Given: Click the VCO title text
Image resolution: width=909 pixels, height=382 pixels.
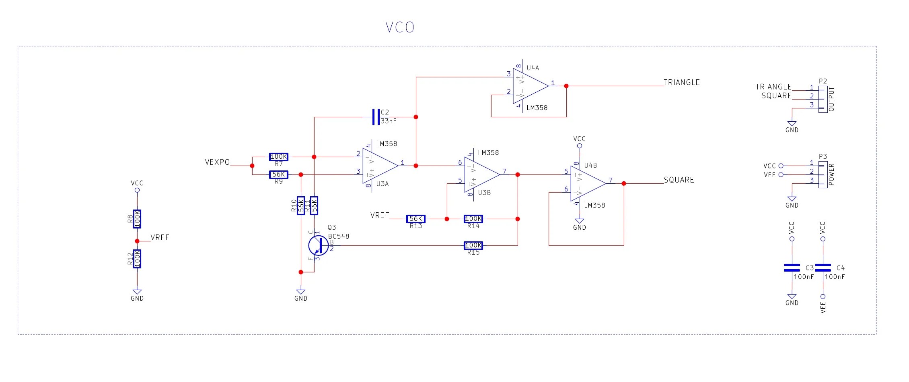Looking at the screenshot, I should pos(399,27).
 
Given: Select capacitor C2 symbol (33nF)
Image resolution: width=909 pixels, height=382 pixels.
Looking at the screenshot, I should pos(376,117).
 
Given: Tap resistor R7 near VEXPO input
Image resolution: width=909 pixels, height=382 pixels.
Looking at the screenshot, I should pos(278,157).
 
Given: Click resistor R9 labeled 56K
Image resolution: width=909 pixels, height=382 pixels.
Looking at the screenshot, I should pos(278,174).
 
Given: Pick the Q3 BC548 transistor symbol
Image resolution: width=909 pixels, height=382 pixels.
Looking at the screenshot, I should pos(318,245).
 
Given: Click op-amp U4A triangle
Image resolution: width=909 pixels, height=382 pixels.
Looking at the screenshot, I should pos(529,86).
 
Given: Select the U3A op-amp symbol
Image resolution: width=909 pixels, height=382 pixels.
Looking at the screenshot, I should pos(378,166).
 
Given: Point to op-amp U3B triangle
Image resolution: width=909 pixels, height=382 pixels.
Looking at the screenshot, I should pos(480,174).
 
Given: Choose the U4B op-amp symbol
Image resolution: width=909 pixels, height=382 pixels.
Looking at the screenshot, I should pos(586,183).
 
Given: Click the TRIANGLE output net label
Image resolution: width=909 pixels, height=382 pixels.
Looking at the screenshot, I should pos(681,83).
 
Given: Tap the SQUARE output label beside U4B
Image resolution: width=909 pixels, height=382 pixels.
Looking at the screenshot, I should pos(679,180).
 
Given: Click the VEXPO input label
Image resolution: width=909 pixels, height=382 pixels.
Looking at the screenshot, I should pos(217,162).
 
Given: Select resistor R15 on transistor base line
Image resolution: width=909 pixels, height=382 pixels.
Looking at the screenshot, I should pos(473,245).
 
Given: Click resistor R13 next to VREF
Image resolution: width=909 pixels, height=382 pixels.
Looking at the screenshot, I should pos(415,219).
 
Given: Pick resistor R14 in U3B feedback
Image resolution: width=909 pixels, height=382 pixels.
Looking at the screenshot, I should pos(473,219).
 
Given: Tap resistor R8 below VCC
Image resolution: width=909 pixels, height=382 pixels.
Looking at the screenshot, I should pos(137,219).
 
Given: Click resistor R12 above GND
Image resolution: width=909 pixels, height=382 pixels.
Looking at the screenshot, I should pos(137,259).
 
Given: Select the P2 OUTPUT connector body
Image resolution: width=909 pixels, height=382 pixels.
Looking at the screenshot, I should pos(823,99).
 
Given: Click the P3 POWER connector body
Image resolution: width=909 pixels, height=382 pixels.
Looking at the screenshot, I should pos(823,174).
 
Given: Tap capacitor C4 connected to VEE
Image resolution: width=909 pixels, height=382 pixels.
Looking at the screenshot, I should pos(823,268).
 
